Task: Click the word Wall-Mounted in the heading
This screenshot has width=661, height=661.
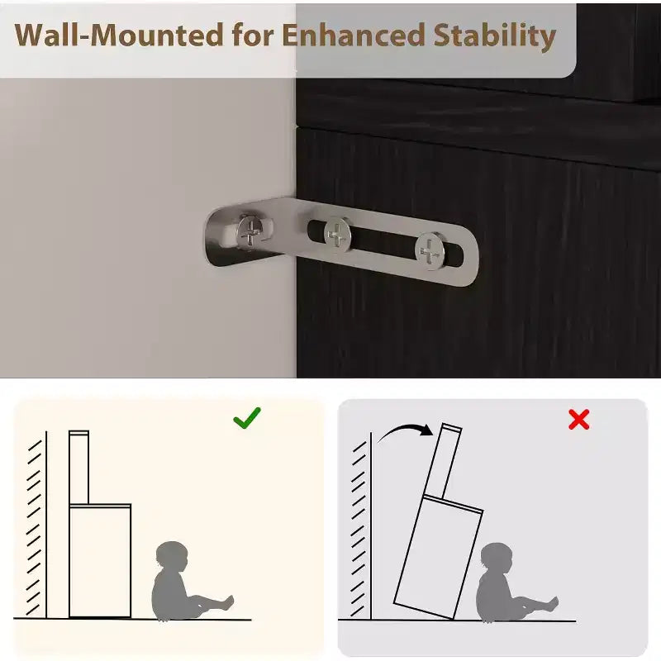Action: tap(118, 34)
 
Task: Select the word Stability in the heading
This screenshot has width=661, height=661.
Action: tap(495, 36)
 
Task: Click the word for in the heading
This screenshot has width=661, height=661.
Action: tap(253, 34)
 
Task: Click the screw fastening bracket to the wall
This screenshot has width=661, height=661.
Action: tap(252, 231)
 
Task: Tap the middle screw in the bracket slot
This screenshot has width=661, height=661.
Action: tap(337, 234)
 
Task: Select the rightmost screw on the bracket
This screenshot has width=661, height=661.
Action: tap(430, 251)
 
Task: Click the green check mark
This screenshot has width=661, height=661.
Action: tap(247, 418)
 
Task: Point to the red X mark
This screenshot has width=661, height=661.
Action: tap(579, 419)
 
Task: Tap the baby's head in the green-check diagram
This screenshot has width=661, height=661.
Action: tap(172, 557)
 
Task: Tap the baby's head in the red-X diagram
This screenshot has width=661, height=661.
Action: tap(497, 559)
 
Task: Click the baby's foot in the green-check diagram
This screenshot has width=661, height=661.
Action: tap(228, 603)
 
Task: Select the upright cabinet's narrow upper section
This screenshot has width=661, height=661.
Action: tap(78, 467)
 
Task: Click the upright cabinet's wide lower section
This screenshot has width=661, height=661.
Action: tap(100, 561)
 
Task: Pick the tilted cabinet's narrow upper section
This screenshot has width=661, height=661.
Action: tap(444, 462)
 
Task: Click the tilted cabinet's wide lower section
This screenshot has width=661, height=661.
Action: tap(439, 557)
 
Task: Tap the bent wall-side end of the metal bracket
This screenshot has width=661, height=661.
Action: tap(219, 238)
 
